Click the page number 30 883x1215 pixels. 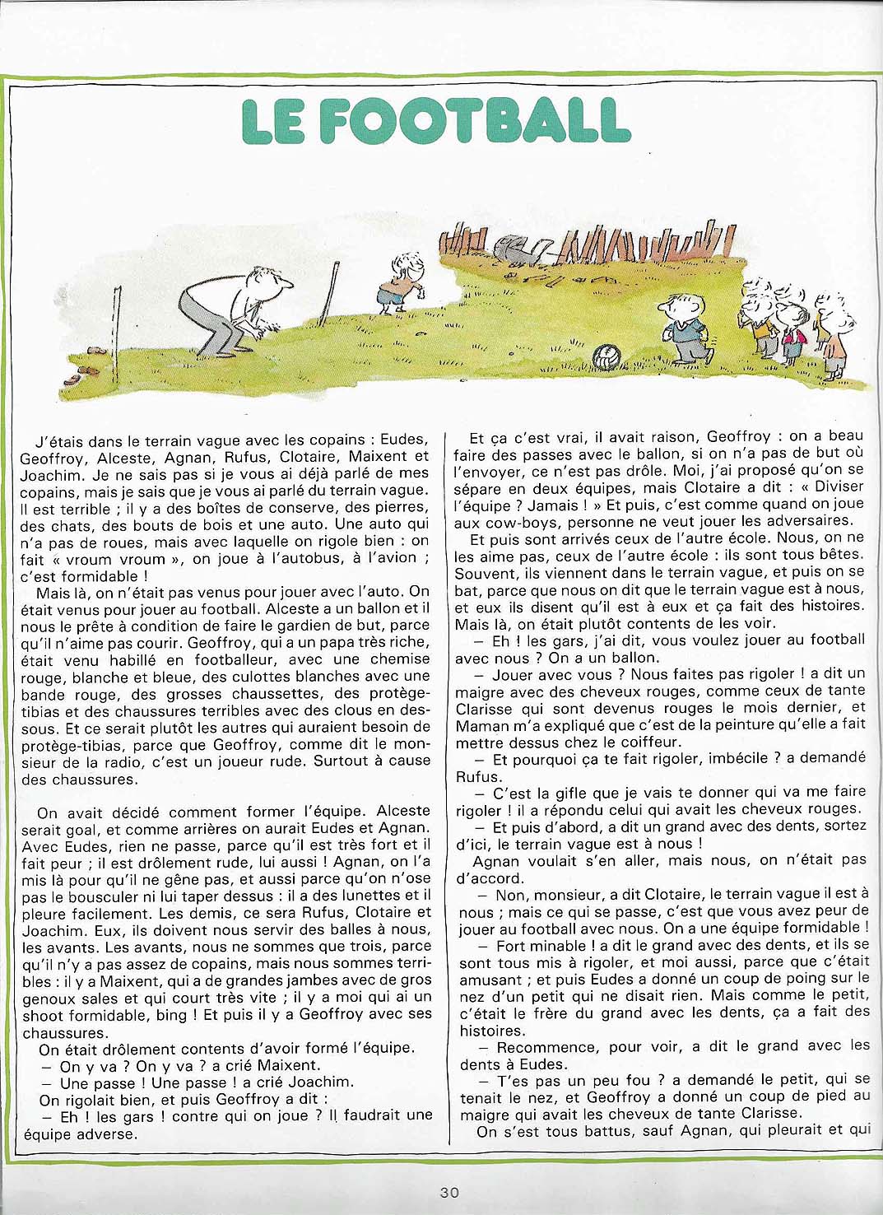(449, 1191)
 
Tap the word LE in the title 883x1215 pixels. (272, 122)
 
